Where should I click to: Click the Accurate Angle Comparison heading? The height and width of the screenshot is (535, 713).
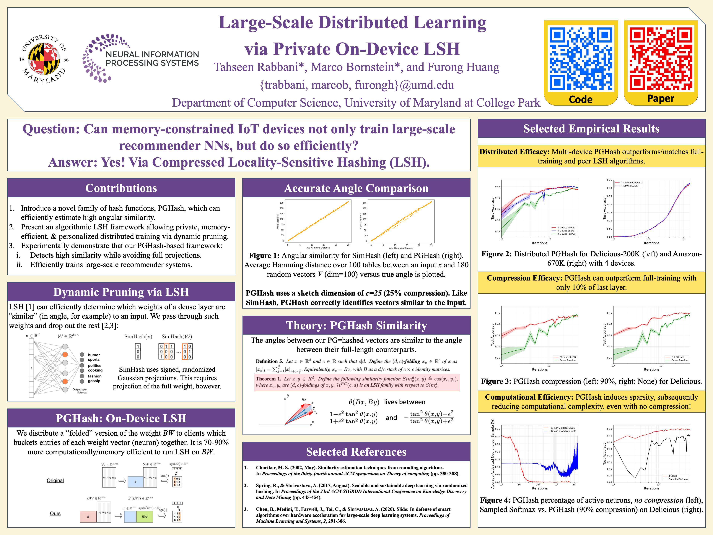coord(356,188)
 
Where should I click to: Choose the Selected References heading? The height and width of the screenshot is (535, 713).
coord(356,452)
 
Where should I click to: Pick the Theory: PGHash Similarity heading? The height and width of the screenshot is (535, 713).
coord(356,325)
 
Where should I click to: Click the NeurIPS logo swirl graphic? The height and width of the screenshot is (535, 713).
coord(97,58)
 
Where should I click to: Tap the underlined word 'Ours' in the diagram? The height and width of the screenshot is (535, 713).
coord(55,513)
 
